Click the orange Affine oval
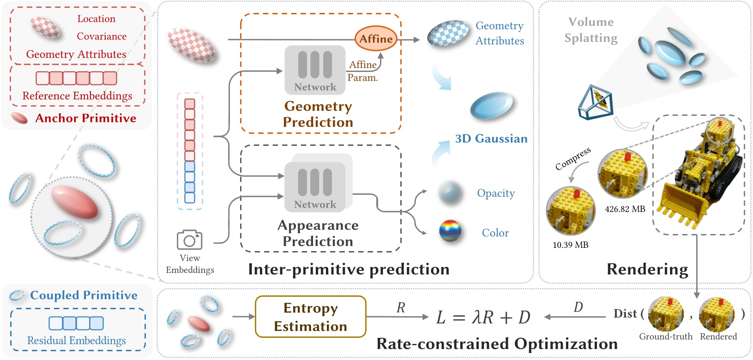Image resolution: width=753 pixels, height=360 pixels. [376, 39]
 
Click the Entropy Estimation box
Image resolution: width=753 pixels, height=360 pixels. [310, 317]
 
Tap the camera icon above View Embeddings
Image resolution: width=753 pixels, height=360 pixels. [190, 240]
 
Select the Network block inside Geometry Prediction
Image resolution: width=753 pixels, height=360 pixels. [315, 69]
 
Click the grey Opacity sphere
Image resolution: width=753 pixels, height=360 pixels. [450, 192]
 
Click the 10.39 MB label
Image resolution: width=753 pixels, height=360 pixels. [571, 245]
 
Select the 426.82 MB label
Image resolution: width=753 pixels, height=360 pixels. [625, 209]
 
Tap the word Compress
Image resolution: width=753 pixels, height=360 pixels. [573, 158]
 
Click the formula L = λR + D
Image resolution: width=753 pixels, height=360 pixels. [483, 318]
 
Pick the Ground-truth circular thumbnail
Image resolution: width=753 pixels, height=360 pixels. [665, 314]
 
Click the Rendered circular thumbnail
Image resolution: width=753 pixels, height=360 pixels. [717, 314]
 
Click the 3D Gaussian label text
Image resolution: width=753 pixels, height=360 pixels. [491, 138]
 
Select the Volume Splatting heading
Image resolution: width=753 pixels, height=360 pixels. [590, 30]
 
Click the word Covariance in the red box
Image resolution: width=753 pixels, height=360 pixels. [102, 36]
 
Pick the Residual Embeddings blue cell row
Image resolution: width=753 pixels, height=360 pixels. [76, 323]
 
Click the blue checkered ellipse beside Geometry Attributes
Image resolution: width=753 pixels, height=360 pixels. [447, 33]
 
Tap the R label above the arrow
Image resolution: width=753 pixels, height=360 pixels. [401, 308]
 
